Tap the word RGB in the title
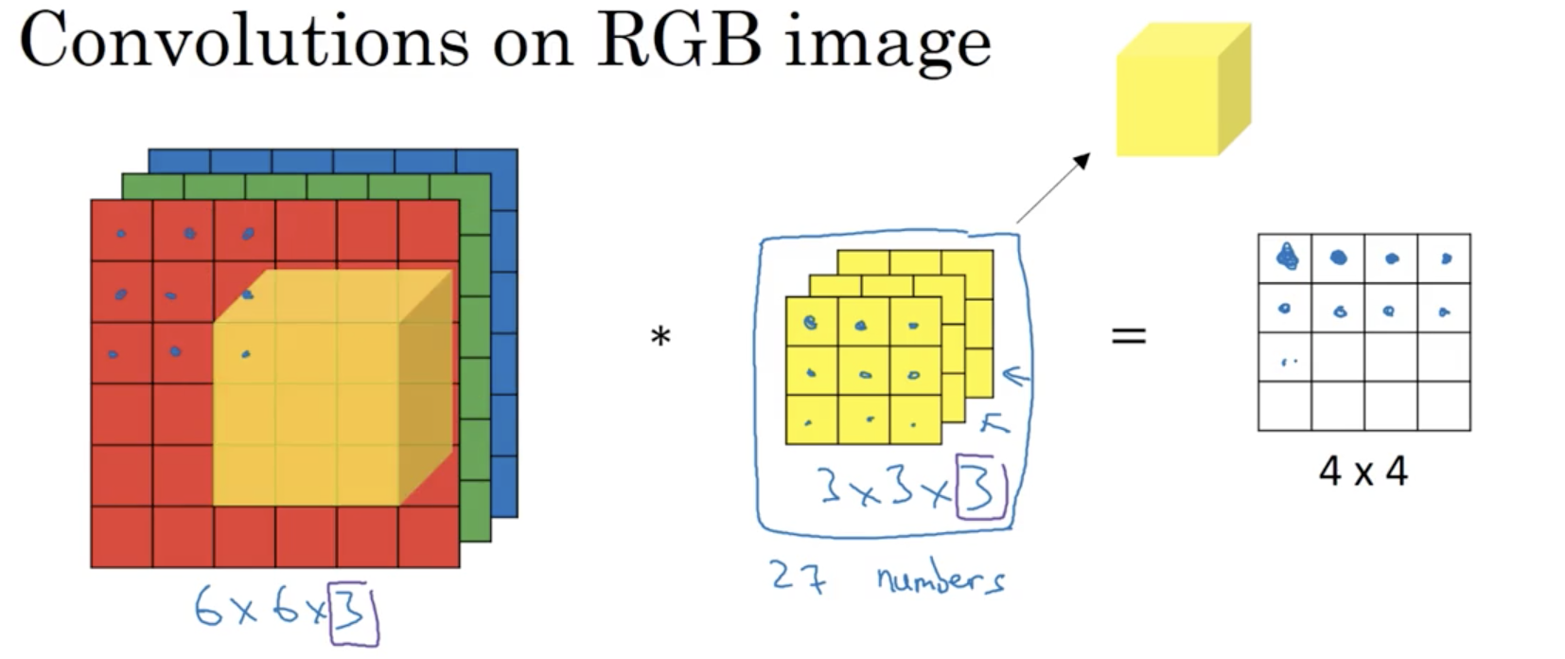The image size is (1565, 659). tap(678, 42)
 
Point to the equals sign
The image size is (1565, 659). tap(1128, 334)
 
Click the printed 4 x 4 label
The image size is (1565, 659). tap(1363, 471)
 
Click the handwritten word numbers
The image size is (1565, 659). tap(940, 578)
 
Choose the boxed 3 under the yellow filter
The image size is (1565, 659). tap(979, 487)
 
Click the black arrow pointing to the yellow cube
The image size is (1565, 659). tap(1052, 188)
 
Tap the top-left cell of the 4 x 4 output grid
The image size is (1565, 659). tap(1285, 258)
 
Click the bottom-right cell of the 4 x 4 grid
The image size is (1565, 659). tap(1443, 405)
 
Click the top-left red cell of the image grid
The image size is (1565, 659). tap(122, 230)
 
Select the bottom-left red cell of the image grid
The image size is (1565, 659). tap(122, 536)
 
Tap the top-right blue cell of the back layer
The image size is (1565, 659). tap(486, 161)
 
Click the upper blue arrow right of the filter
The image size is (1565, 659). tap(1014, 378)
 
